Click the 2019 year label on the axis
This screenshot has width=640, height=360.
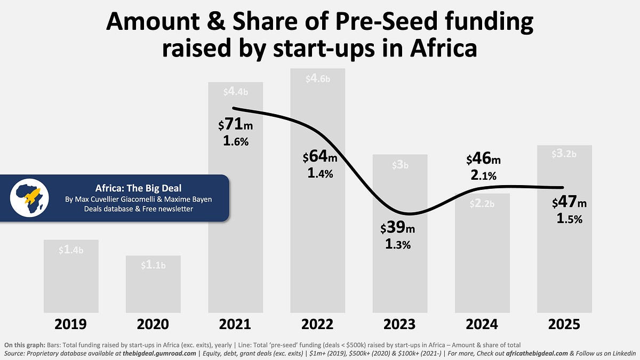pyautogui.click(x=71, y=324)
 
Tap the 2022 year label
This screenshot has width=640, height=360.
pyautogui.click(x=318, y=324)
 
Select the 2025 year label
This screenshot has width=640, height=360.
pyautogui.click(x=564, y=324)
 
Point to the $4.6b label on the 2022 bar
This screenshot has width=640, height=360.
pyautogui.click(x=318, y=78)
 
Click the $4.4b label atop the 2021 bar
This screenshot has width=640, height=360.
pyautogui.click(x=236, y=92)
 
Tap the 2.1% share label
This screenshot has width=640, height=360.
pyautogui.click(x=484, y=175)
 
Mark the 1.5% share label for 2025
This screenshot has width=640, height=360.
pyautogui.click(x=569, y=219)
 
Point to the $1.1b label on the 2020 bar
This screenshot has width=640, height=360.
pyautogui.click(x=153, y=265)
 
